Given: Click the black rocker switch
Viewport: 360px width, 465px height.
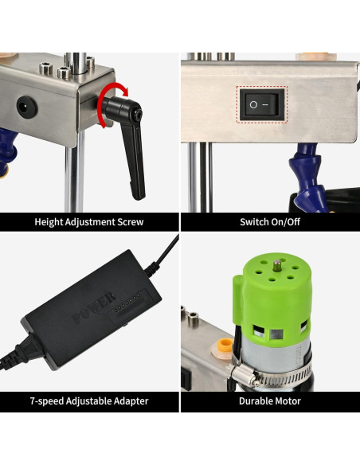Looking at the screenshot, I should [x=262, y=104].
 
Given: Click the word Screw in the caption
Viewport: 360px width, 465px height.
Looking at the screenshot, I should [x=130, y=221].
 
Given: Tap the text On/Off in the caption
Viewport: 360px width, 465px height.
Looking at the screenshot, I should [x=287, y=221].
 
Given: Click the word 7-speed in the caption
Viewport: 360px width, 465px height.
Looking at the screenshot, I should [x=47, y=401].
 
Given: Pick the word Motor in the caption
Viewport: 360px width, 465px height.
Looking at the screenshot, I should [x=288, y=401].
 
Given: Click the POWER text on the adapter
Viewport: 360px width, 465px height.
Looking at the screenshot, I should [x=88, y=316].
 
